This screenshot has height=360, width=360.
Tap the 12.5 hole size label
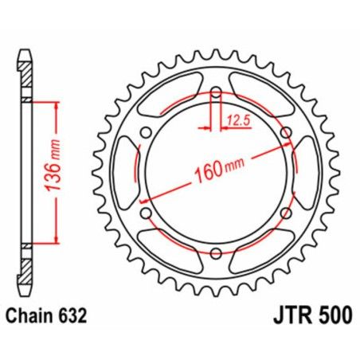(236, 121)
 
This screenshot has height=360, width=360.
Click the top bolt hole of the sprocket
(215, 94)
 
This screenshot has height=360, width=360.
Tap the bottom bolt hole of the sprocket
(215, 253)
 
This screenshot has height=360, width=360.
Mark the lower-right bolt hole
(284, 213)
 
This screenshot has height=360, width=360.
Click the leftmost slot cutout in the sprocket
(126, 174)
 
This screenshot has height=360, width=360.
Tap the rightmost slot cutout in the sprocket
(305, 174)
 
